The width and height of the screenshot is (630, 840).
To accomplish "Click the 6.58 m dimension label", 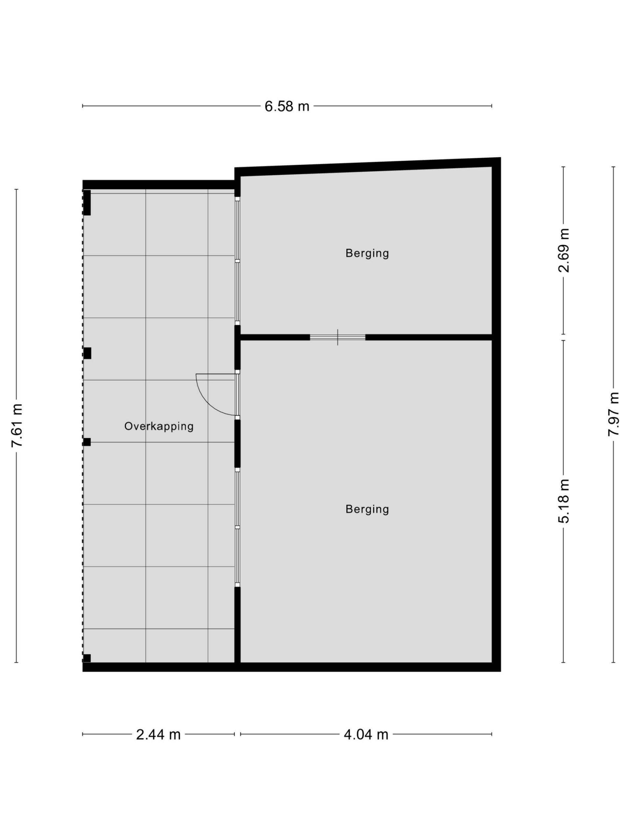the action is (287, 106).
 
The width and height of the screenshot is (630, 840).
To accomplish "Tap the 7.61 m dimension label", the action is (17, 425).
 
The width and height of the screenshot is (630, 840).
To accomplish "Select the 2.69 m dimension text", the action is (563, 250).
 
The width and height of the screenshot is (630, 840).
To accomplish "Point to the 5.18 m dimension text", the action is (563, 501).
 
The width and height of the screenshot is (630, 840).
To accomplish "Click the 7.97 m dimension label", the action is (613, 414).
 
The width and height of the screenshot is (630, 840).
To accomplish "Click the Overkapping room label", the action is (159, 426).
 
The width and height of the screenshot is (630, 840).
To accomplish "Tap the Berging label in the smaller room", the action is (367, 253).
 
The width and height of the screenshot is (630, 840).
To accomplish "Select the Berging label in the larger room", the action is (367, 509).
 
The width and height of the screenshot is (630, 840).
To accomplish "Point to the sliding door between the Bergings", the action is (338, 337).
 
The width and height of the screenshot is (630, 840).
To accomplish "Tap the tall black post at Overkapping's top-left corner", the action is (87, 202).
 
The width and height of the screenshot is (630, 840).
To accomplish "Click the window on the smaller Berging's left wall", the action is (237, 261).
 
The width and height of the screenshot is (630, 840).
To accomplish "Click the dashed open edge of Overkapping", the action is (83, 425).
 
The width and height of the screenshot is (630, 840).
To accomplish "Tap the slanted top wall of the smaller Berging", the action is (367, 167).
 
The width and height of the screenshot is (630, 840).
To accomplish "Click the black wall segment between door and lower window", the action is (237, 444).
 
